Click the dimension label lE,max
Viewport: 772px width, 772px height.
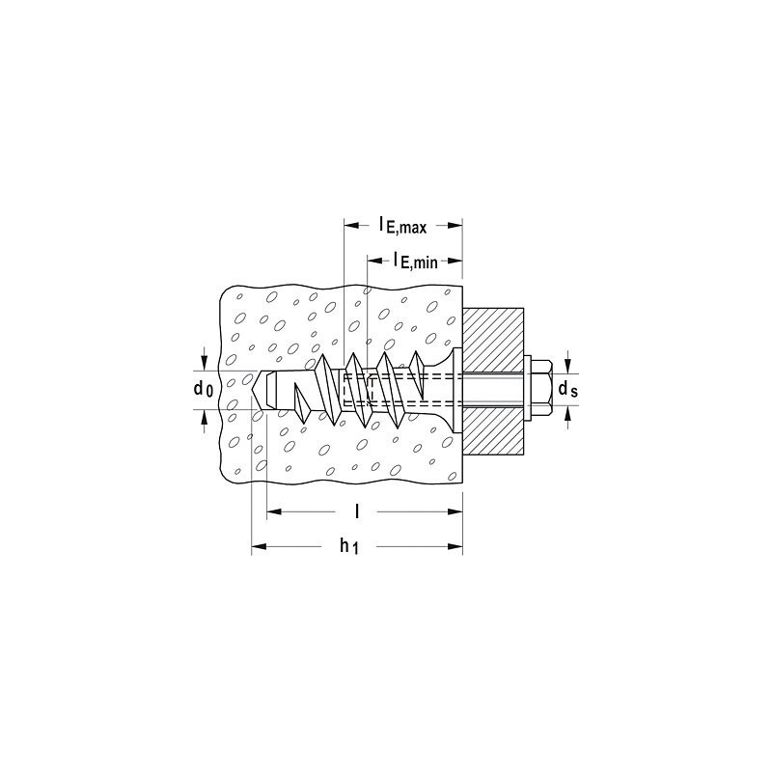pyautogui.click(x=402, y=226)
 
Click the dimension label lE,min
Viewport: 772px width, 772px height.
pyautogui.click(x=415, y=260)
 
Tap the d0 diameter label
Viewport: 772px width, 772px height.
pyautogui.click(x=204, y=389)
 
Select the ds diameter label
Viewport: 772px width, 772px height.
pyautogui.click(x=567, y=389)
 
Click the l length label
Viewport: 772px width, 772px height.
pyautogui.click(x=357, y=511)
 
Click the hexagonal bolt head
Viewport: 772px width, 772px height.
pyautogui.click(x=543, y=390)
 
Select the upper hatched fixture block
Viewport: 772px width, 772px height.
pyautogui.click(x=493, y=341)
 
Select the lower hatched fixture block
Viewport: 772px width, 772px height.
pyautogui.click(x=493, y=430)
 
